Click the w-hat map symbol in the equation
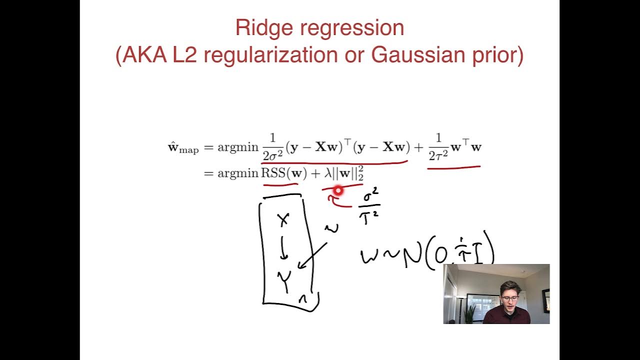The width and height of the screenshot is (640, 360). click(182, 148)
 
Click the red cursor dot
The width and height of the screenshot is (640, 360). click(338, 190)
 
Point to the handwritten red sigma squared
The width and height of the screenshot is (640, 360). click(370, 196)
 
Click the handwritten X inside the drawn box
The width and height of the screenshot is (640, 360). click(283, 218)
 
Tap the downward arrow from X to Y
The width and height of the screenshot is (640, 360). click(283, 248)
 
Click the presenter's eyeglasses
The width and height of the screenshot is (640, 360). click(510, 299)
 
